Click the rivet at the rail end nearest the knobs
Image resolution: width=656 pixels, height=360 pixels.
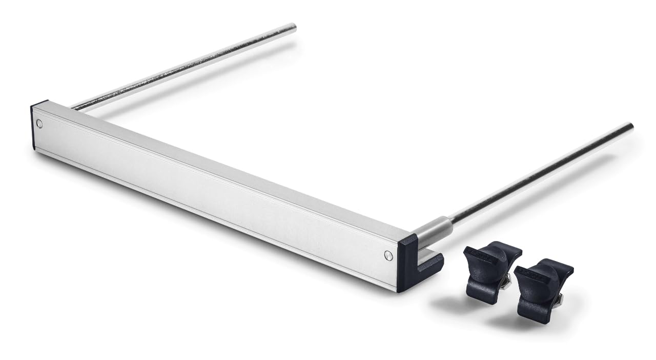tap(388, 255)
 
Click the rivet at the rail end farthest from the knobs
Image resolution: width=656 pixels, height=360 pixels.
tap(40, 124)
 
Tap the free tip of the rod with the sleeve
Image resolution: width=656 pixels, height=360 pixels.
tap(629, 126)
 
